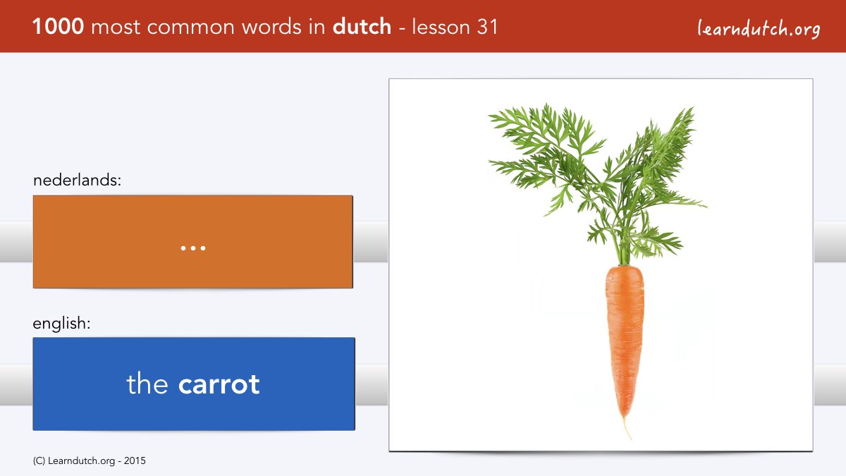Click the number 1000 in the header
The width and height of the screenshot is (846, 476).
tap(58, 27)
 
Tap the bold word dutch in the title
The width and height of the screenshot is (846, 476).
tap(362, 27)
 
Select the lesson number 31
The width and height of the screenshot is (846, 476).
tap(487, 27)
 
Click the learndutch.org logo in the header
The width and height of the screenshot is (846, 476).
tap(759, 29)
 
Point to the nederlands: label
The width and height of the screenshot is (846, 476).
tap(77, 180)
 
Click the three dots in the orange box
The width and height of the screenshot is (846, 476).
tap(193, 248)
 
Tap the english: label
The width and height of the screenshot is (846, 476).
tap(61, 324)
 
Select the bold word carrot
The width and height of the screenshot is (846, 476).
tap(219, 384)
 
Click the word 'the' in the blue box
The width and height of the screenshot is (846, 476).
tap(147, 383)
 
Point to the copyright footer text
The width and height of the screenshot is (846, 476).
tap(89, 461)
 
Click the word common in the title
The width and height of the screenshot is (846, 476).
tap(191, 28)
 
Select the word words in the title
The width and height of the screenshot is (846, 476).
tap(272, 27)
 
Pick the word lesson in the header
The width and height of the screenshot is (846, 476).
tap(441, 27)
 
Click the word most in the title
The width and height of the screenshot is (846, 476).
tap(116, 28)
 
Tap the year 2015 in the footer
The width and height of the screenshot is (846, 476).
tap(135, 461)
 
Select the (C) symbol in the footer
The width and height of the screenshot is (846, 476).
tap(39, 461)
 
